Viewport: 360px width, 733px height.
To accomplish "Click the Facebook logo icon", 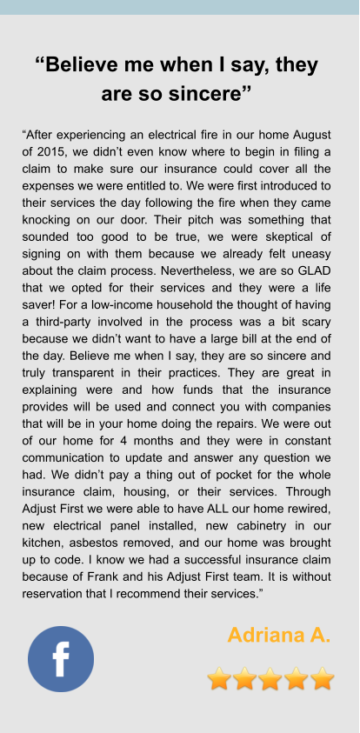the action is pos(61,658).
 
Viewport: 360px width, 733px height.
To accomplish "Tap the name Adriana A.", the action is pos(279,635).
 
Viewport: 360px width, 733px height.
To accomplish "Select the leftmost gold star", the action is pos(220,678).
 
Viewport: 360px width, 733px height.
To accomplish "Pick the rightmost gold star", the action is pos(322,678).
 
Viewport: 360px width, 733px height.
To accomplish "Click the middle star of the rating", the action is pos(270,678).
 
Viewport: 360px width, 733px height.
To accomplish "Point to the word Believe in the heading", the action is pos(95,65).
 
